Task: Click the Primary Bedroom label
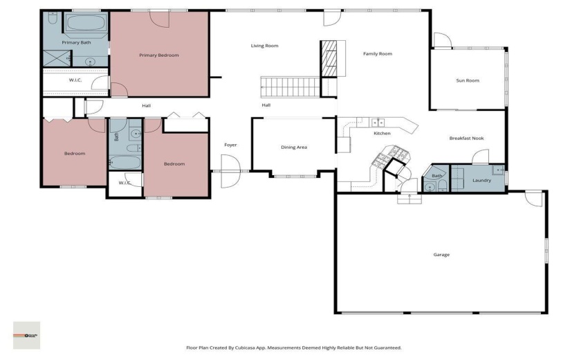coord(158,55)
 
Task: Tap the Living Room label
coord(264,46)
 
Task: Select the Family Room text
coord(378,54)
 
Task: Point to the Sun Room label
coord(467,81)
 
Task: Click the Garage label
coord(441,255)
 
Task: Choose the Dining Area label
coord(293,147)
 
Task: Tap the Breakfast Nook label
coord(466,138)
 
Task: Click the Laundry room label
coord(481,181)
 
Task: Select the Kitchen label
coord(382,134)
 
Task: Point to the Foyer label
coord(230,145)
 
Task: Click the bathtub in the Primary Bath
coord(84,25)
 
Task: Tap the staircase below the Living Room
coord(291,88)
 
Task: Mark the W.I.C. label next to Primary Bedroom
coord(76,80)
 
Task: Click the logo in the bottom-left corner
coord(26,335)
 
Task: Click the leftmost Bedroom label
coord(74,154)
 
